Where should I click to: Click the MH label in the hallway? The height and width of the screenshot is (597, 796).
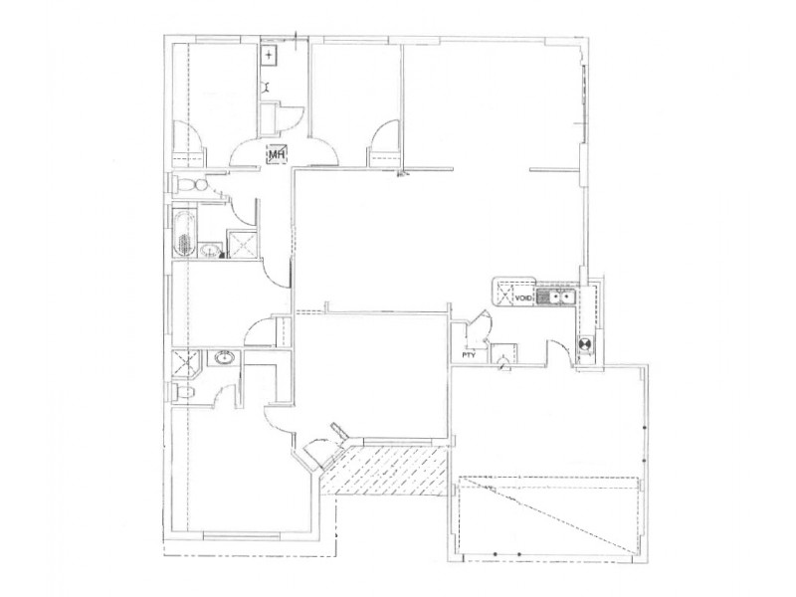point(277,154)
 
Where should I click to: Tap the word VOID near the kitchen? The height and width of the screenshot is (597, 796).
point(522,296)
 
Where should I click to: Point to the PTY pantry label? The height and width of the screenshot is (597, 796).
point(466,355)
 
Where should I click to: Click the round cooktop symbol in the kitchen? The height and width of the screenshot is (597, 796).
point(586,345)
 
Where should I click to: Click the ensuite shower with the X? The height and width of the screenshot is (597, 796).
point(183,361)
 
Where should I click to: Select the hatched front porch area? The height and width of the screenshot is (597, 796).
point(388,471)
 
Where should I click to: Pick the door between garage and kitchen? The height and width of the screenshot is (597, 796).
point(559,354)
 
